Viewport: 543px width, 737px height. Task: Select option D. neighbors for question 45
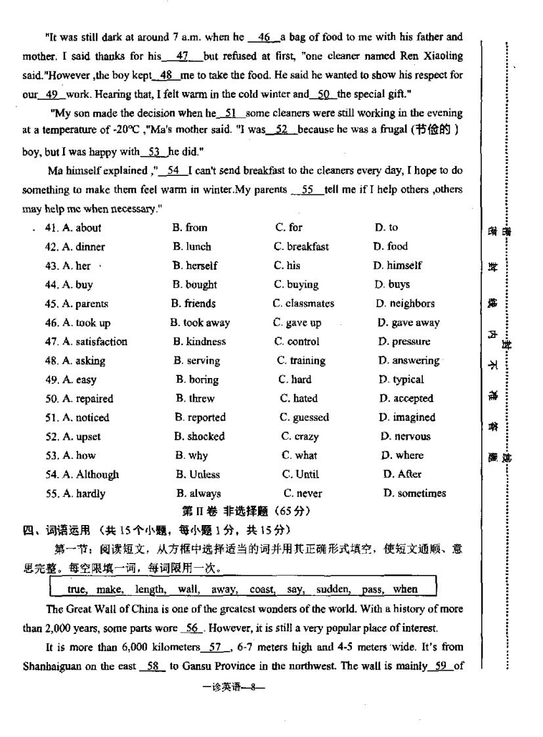(x=405, y=304)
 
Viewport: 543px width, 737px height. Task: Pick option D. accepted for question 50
(x=406, y=399)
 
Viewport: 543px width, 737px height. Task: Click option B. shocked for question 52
(x=200, y=437)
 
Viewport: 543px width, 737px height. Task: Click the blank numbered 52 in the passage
(x=282, y=131)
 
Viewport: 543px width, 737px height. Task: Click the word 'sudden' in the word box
(x=333, y=589)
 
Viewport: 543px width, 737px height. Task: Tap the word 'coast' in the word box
(x=262, y=589)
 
